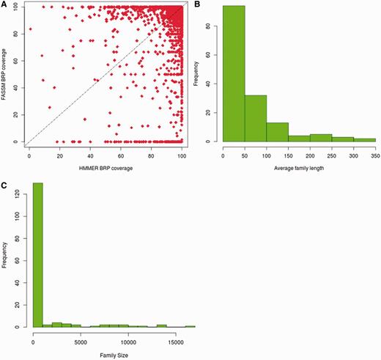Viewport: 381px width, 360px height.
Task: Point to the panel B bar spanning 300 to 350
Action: [x=364, y=139]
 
